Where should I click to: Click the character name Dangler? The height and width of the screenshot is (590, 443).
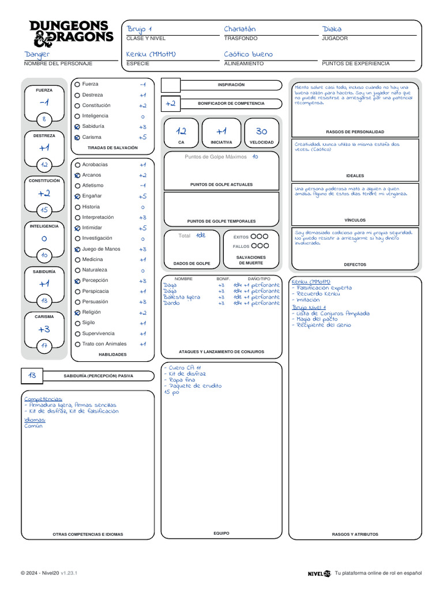[x=37, y=54]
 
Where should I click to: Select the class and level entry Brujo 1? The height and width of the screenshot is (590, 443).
[x=139, y=29]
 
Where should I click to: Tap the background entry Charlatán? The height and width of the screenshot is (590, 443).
[x=239, y=29]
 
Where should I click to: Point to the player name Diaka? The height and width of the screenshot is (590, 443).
[x=332, y=29]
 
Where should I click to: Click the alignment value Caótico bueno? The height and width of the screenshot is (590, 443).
[x=249, y=54]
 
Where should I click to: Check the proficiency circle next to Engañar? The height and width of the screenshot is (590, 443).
[x=77, y=196]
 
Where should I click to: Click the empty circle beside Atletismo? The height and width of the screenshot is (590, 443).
[x=77, y=186]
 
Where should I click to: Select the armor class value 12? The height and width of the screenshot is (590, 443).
[x=181, y=131]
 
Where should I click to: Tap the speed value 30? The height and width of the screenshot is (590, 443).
[x=261, y=131]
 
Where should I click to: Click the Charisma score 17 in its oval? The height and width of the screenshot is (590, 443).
[x=44, y=346]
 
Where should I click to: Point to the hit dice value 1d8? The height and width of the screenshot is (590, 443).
[x=200, y=235]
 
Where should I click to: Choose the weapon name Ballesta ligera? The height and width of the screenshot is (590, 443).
[x=182, y=297]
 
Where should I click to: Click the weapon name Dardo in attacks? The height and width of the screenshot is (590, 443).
[x=171, y=303]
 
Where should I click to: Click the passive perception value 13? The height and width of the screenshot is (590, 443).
[x=32, y=375]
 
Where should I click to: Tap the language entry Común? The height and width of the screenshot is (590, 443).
[x=33, y=426]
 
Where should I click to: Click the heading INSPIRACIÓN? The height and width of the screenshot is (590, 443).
[x=231, y=85]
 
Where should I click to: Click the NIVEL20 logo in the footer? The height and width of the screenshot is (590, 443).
[x=319, y=573]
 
